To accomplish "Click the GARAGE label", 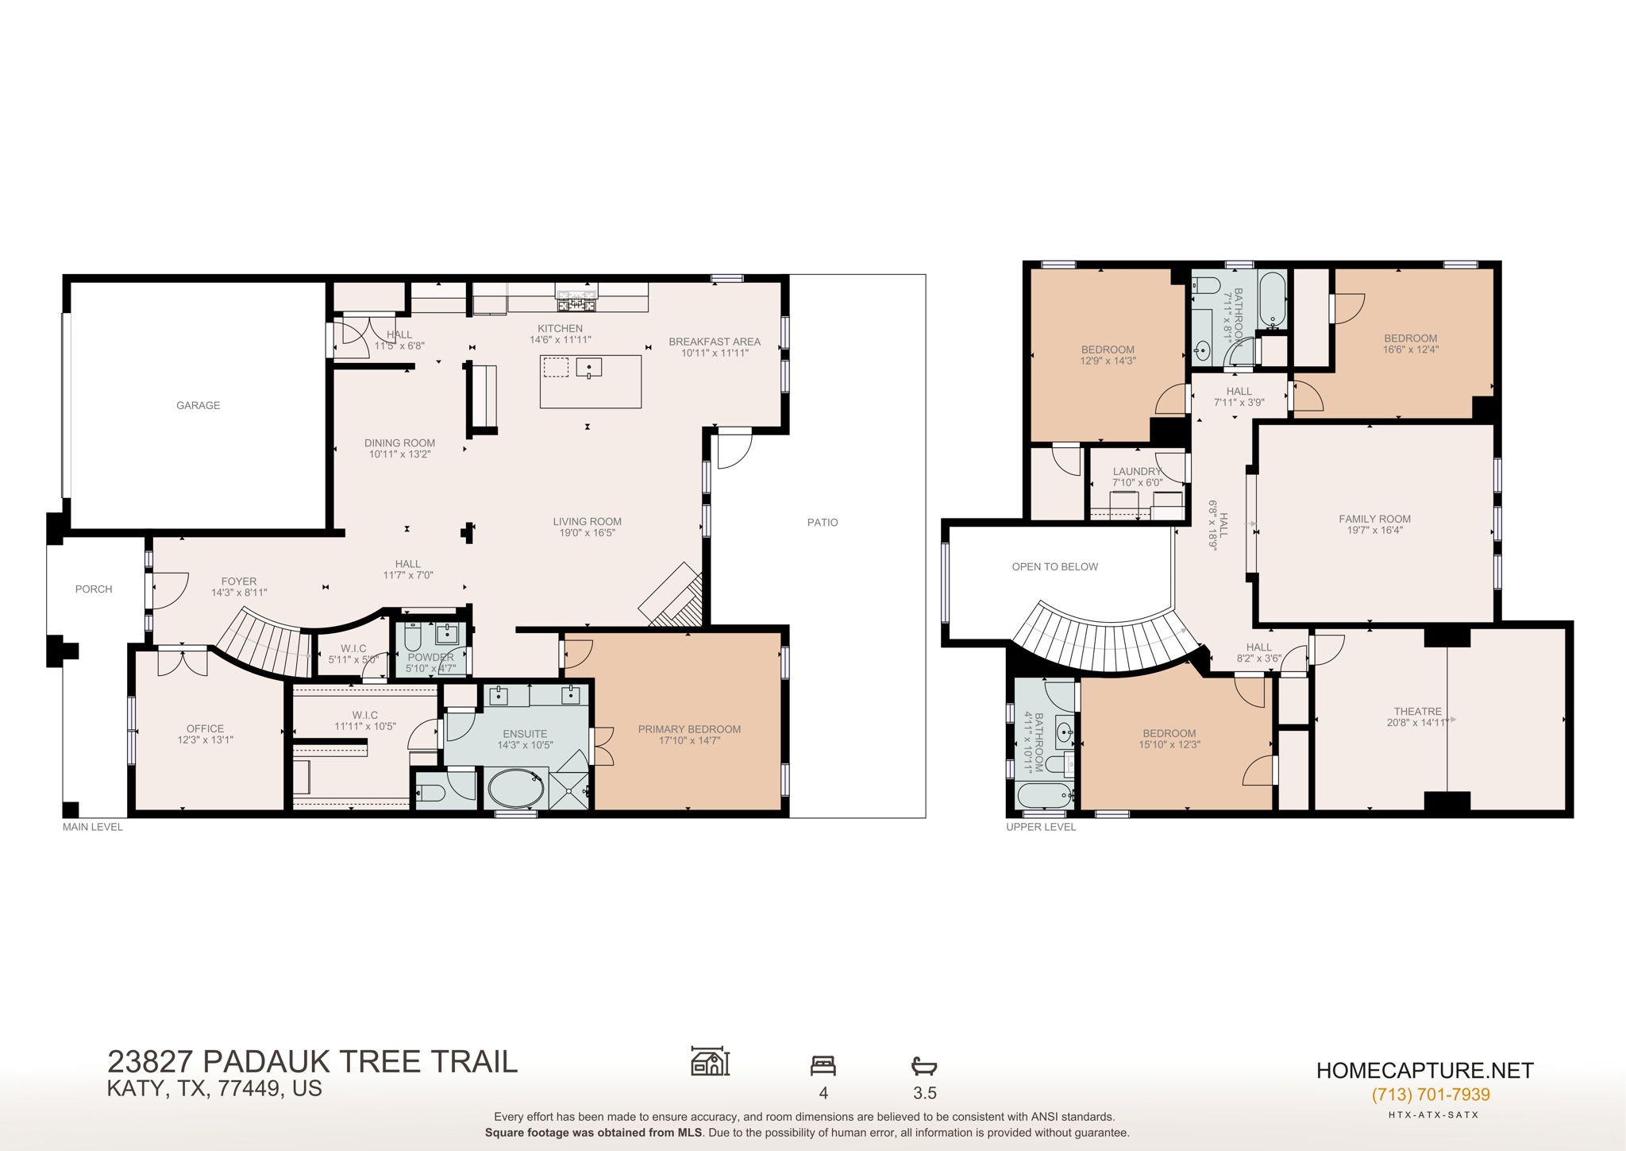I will (x=198, y=405).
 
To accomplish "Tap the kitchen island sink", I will (x=589, y=367).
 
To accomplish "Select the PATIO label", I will (x=823, y=522).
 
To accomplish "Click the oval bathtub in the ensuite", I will (x=515, y=790).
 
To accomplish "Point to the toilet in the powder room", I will (x=413, y=636).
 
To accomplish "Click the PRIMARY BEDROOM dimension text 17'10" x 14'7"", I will (x=689, y=740).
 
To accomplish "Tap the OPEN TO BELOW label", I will (x=1054, y=566).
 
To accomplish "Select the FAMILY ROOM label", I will (x=1374, y=519).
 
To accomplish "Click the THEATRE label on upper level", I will (x=1417, y=711).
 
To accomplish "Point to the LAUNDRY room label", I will (x=1137, y=471).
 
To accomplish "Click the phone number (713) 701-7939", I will (x=1430, y=1095).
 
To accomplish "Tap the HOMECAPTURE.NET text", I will (x=1424, y=1070).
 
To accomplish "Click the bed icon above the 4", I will (x=823, y=1065).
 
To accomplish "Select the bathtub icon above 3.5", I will (x=924, y=1065).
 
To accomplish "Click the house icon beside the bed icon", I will (x=710, y=1060).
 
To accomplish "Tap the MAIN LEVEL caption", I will (x=93, y=827).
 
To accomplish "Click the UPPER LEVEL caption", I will (x=1041, y=827).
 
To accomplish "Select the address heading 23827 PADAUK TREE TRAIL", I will (x=312, y=1061).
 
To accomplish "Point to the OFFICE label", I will (x=205, y=728).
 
